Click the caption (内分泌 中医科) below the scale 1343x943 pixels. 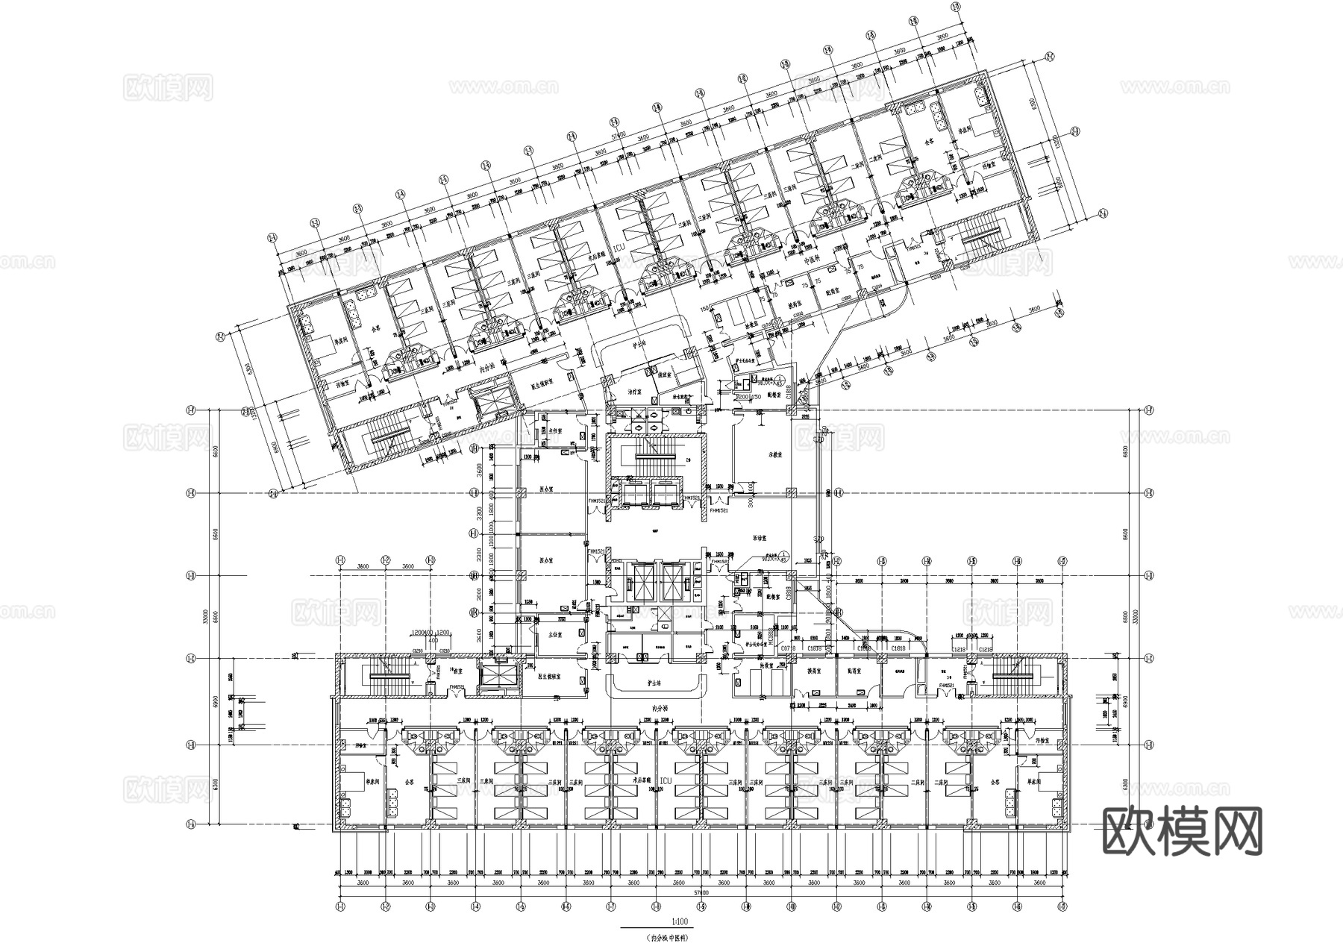click(x=677, y=937)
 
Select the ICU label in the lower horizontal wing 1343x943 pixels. click(x=666, y=781)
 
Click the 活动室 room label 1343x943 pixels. click(x=761, y=536)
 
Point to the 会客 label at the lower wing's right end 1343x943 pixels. click(x=995, y=783)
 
